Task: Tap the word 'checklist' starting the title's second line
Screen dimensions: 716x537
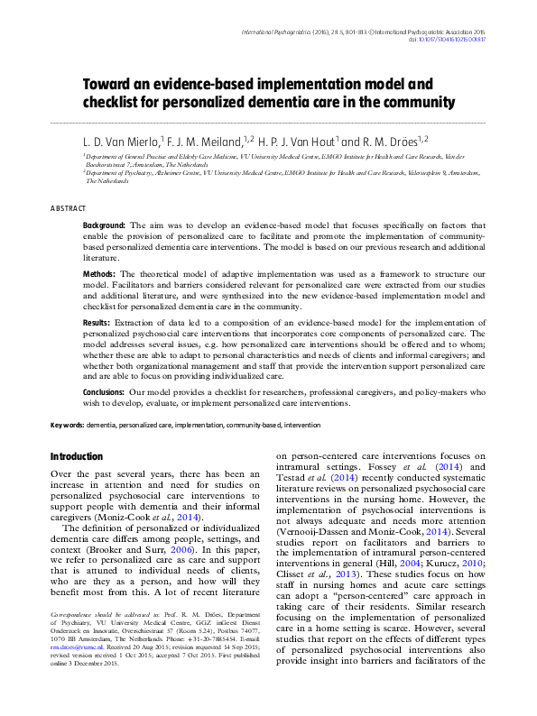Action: point(112,103)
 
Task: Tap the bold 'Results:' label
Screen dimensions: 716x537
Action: point(97,322)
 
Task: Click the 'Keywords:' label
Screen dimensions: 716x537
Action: point(67,423)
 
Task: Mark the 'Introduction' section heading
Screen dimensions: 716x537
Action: point(77,457)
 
